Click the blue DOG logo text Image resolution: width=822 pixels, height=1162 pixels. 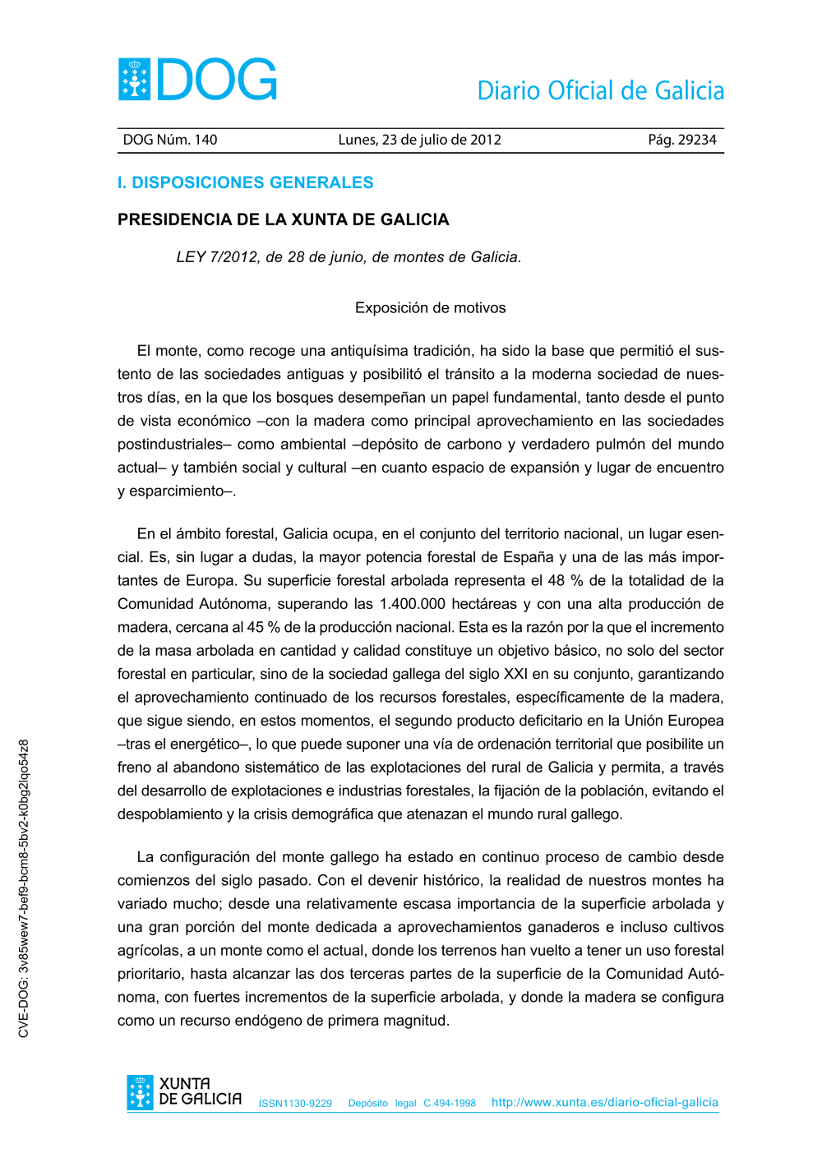(217, 80)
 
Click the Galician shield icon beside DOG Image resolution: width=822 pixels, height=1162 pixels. (134, 80)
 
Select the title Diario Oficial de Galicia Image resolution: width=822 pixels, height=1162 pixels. (600, 90)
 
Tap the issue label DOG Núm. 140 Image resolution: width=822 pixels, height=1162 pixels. (170, 140)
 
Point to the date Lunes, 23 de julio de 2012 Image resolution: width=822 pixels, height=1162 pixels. (419, 140)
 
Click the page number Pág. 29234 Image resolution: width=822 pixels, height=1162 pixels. (681, 140)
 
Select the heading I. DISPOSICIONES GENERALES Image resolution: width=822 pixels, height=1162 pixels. (245, 182)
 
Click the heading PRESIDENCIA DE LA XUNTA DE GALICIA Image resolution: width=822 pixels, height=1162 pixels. (283, 219)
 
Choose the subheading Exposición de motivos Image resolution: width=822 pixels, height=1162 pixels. (430, 308)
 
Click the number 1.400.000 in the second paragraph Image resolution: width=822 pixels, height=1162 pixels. (412, 604)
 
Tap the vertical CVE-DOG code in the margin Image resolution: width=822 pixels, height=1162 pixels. (24, 888)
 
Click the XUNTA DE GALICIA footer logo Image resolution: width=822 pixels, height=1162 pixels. (184, 1092)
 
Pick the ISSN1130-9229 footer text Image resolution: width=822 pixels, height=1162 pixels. (295, 1104)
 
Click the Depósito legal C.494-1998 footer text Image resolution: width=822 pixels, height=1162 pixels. (412, 1104)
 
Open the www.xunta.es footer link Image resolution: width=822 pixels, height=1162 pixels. (604, 1103)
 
